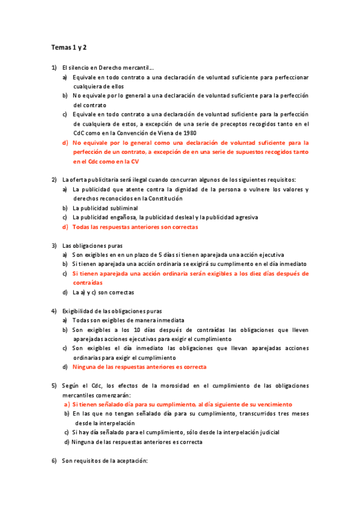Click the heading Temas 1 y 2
click(69, 47)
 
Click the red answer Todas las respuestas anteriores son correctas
click(135, 227)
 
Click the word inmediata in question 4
click(170, 320)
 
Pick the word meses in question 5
click(298, 414)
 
